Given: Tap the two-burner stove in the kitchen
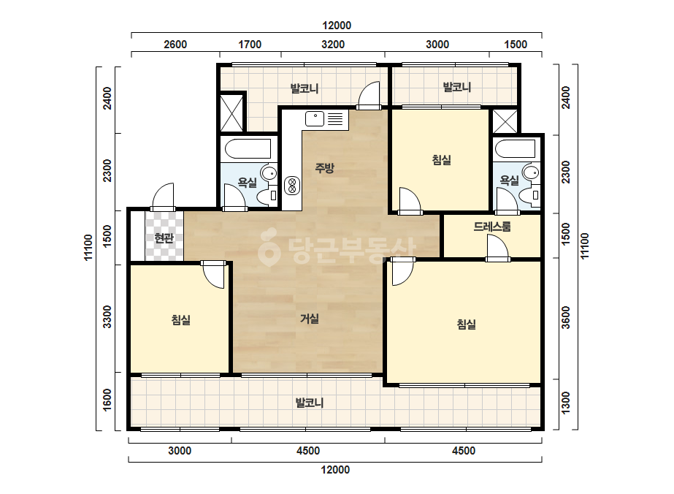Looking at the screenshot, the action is [292, 186].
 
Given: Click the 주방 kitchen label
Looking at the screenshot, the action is [324, 168].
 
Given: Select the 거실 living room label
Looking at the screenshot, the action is [310, 319].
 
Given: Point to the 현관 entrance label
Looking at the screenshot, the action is [164, 238].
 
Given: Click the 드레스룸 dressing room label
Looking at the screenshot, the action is [492, 227].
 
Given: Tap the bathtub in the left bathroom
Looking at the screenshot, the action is [248, 149].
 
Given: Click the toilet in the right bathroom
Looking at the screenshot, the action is [529, 195].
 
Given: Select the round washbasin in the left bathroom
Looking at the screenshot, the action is [270, 173].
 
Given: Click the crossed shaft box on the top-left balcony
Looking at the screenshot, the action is [231, 113].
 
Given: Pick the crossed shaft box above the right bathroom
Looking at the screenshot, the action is [505, 121].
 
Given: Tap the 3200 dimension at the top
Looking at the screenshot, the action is [333, 45].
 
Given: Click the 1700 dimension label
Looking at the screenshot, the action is [250, 45].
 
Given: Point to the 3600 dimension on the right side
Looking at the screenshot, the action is [566, 318].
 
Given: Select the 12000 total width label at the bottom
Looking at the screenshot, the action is [336, 470].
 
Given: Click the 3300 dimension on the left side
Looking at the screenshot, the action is [107, 316].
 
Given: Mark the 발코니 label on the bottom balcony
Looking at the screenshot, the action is [310, 403].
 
